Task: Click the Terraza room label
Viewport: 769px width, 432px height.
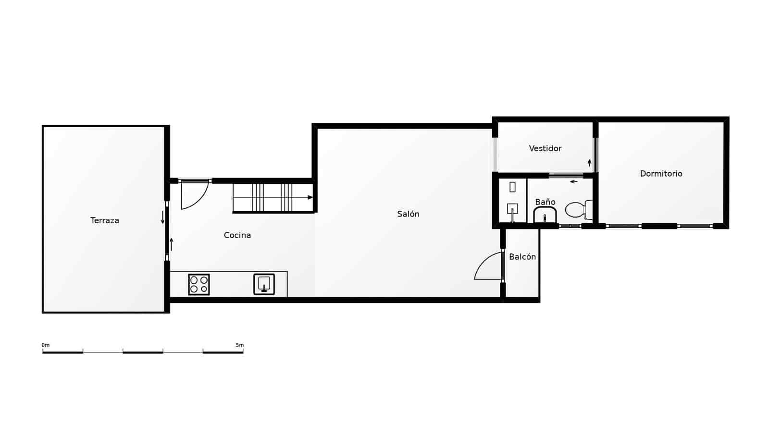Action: [x=105, y=220]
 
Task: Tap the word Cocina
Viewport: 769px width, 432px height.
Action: [x=237, y=235]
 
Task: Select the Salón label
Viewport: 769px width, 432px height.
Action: [x=408, y=214]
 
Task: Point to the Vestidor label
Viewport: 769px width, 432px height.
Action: [x=545, y=148]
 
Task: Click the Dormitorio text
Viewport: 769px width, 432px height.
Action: [x=661, y=174]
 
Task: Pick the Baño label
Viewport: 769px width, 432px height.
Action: [x=545, y=202]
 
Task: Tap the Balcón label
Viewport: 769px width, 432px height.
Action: [x=522, y=257]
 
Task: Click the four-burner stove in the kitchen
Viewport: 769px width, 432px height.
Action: [x=198, y=284]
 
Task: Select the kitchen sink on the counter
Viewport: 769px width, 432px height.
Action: [x=264, y=284]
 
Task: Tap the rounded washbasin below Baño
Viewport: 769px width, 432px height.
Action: [x=545, y=216]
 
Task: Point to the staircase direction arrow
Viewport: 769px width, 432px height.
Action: [x=310, y=197]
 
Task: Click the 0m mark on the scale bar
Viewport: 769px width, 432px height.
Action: [x=45, y=345]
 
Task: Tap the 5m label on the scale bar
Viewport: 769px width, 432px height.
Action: [x=239, y=345]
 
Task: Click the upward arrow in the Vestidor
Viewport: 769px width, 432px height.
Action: [x=589, y=163]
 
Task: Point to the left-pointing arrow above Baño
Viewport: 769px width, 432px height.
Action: [x=573, y=181]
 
